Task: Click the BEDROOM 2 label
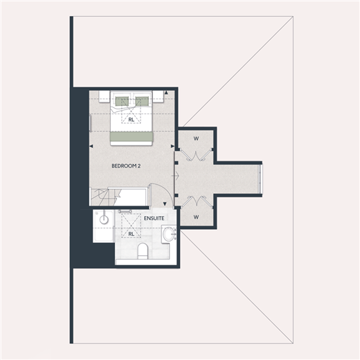point(126,166)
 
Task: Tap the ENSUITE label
point(154,218)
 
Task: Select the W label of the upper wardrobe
point(196,138)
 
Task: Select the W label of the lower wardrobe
point(196,217)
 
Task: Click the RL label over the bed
point(131,120)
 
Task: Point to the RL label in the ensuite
point(131,234)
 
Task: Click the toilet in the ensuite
point(143,251)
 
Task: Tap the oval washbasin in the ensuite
point(169,234)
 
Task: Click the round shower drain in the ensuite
point(104,219)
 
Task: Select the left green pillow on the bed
point(122,101)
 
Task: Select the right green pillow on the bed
point(142,101)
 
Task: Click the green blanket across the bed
point(132,136)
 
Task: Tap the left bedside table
point(105,96)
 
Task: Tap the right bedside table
point(159,96)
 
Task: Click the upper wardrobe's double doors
point(196,154)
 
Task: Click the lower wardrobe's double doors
point(196,201)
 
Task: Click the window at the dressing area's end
point(261,179)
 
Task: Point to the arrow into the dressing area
point(176,176)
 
